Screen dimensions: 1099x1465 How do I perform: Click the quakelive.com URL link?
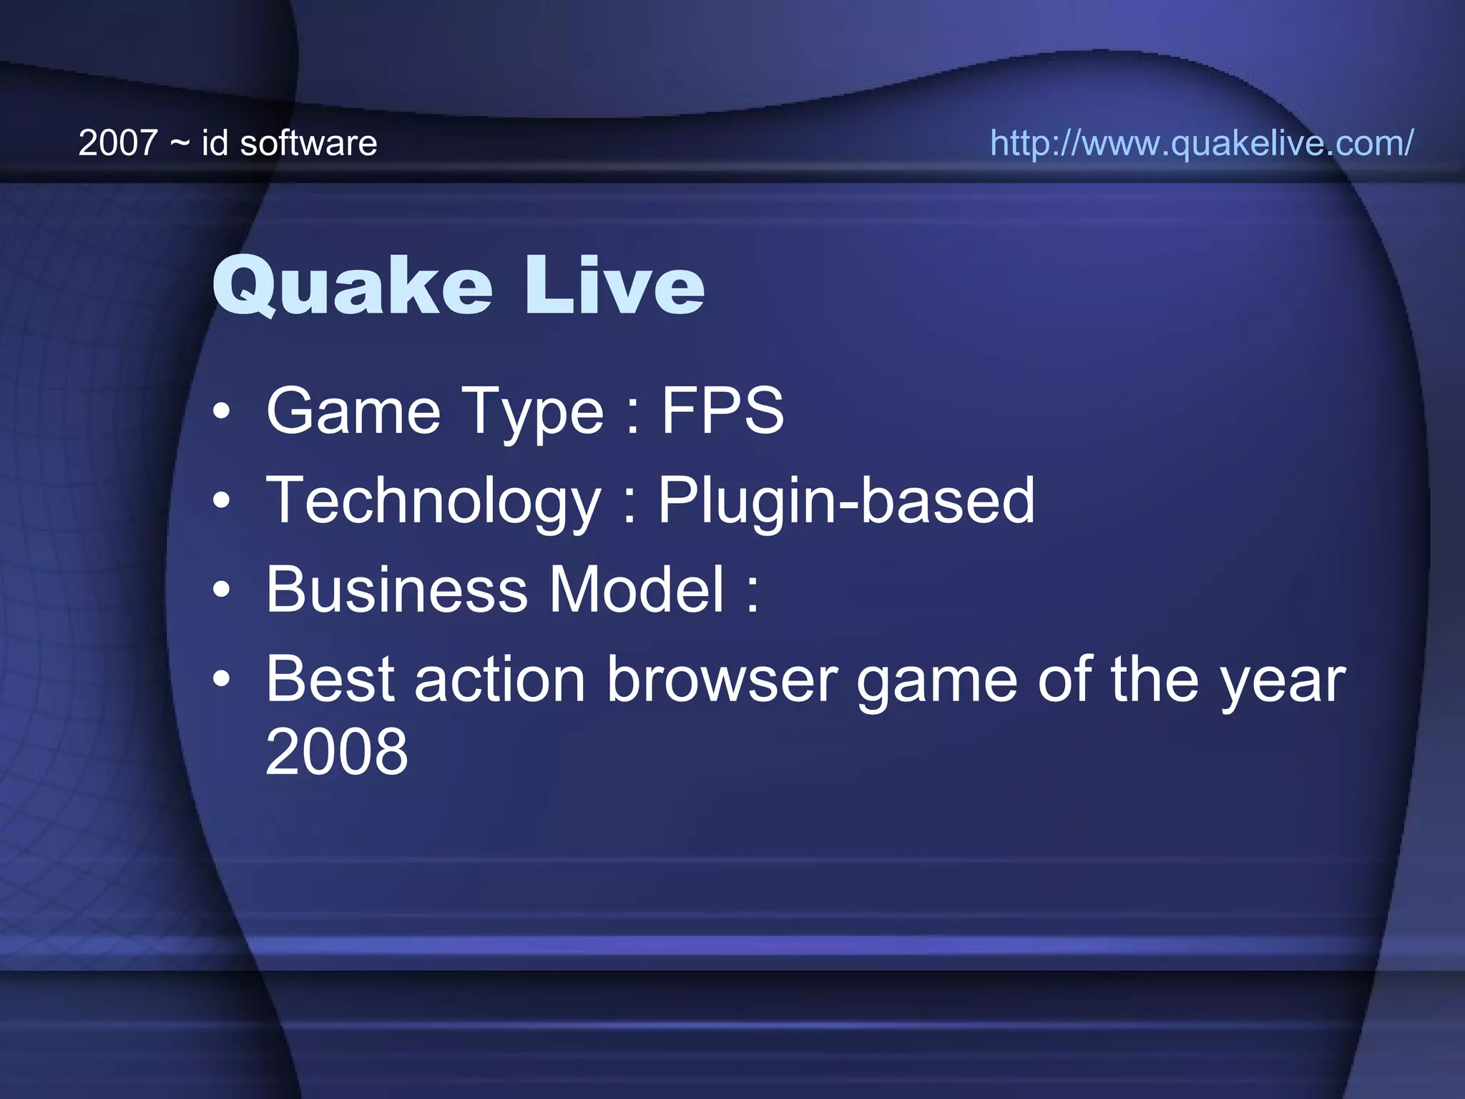1201,143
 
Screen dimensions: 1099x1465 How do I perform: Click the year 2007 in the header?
117,143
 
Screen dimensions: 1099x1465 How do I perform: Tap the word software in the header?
308,143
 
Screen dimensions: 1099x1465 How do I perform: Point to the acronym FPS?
722,411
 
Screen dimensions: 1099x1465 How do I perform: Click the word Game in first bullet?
353,411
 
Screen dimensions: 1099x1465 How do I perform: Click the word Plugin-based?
846,501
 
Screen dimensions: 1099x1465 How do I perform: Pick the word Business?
397,590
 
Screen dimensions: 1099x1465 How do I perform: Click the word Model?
637,590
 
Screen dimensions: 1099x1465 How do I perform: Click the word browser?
722,679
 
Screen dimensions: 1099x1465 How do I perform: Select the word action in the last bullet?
500,679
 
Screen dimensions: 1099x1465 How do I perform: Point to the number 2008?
336,751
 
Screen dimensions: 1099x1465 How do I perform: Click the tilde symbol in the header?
180,144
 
